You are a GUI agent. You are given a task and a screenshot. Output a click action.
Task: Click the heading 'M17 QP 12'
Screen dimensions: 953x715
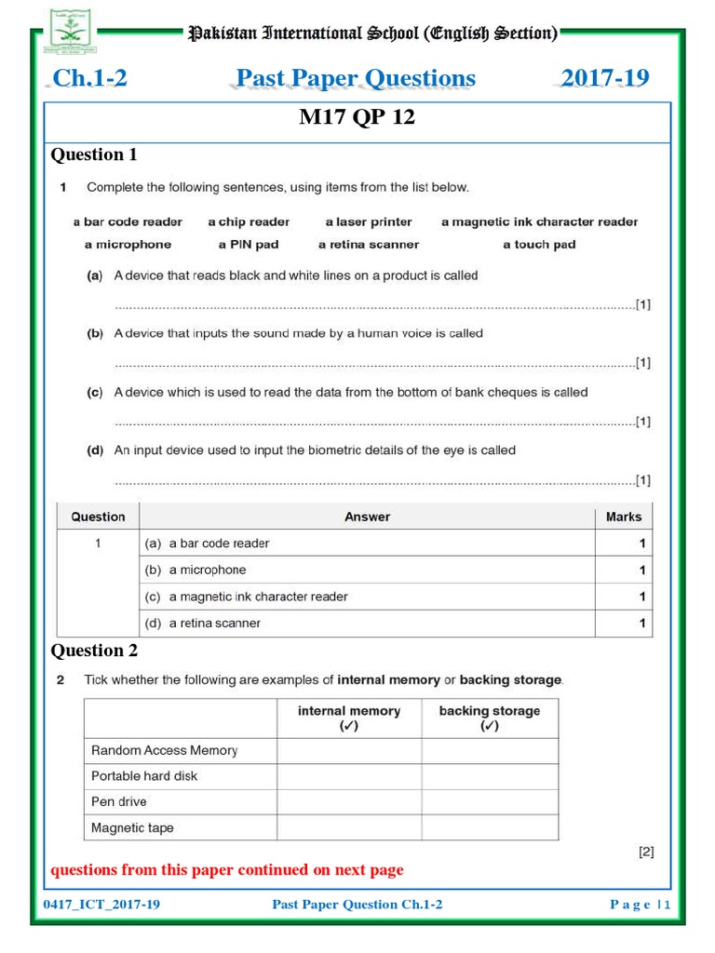click(357, 118)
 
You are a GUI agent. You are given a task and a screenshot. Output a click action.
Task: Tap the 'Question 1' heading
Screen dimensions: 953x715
click(94, 154)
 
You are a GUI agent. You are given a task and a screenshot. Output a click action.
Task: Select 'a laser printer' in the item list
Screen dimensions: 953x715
click(369, 222)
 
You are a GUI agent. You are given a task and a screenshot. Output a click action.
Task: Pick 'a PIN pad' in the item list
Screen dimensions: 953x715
click(249, 245)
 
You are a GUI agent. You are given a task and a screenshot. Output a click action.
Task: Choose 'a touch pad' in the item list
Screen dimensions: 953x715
click(539, 245)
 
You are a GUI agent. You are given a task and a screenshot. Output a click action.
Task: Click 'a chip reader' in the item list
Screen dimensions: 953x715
click(249, 222)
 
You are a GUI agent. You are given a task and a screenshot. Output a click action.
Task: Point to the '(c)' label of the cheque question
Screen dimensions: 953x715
click(95, 393)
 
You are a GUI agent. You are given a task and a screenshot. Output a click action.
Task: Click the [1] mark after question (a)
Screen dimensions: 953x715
click(642, 304)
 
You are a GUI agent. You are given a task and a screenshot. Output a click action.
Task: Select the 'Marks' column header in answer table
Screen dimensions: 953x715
click(623, 517)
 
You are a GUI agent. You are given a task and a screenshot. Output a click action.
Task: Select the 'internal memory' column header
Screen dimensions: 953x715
click(349, 718)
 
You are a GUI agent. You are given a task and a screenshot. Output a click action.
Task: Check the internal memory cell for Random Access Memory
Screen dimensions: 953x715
click(349, 750)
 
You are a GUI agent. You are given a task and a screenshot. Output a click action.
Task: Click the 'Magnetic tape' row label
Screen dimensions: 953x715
click(132, 827)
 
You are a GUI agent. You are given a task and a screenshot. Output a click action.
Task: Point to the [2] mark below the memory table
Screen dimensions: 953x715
click(646, 851)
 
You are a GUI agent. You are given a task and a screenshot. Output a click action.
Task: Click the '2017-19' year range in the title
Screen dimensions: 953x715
click(605, 78)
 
